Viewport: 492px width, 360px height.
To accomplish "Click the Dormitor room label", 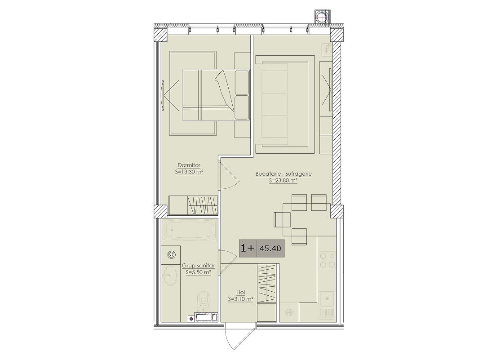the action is click(x=189, y=165).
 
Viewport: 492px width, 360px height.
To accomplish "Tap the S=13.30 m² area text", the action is click(x=190, y=172).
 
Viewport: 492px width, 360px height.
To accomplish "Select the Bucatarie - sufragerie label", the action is click(x=284, y=173).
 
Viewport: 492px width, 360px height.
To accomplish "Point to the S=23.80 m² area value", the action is click(x=284, y=181).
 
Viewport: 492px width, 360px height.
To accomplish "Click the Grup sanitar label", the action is click(x=198, y=266).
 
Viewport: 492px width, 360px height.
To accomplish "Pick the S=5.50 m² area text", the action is click(x=198, y=272).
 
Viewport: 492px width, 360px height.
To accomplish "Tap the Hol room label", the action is click(x=241, y=293).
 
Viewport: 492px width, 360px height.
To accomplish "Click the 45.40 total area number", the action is click(x=270, y=249).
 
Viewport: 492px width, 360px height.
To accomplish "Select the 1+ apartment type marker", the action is click(x=248, y=248).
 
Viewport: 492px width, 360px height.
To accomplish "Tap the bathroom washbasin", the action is click(x=170, y=276).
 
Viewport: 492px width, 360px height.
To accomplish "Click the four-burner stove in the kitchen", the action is click(x=327, y=261).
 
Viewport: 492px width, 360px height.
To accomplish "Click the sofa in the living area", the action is click(x=275, y=104).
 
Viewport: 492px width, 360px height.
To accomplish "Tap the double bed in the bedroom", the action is click(x=216, y=95).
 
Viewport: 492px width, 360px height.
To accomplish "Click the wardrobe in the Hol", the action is click(x=267, y=284).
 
